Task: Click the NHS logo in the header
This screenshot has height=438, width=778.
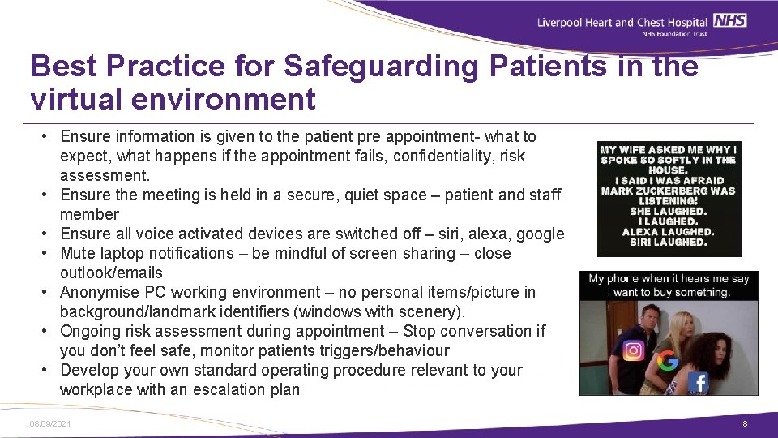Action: point(732,20)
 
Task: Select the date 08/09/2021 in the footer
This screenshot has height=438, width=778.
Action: point(49,424)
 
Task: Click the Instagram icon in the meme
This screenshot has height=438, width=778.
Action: point(634,350)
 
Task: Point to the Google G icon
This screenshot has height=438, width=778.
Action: point(668,362)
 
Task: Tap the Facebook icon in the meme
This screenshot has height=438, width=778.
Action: point(697,382)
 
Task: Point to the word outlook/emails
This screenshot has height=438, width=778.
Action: point(111,273)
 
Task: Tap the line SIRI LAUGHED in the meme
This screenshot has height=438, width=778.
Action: point(668,242)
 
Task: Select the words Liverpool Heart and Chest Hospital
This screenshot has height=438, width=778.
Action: point(622,22)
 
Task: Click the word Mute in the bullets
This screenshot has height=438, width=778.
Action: point(78,253)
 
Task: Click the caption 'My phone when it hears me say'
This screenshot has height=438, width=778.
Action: point(669,279)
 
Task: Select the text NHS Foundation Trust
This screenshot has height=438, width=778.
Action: point(674,34)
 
